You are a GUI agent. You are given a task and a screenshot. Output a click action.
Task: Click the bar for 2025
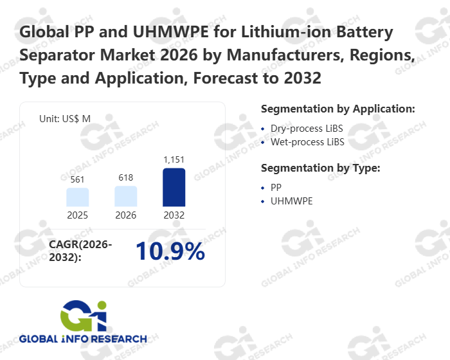tap(78, 197)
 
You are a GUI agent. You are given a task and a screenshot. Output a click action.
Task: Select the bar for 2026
tap(126, 196)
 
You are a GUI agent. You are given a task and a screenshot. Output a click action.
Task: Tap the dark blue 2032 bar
tap(174, 187)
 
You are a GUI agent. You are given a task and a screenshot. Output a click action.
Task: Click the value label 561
tap(78, 180)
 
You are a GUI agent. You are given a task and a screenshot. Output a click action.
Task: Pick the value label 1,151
tap(174, 159)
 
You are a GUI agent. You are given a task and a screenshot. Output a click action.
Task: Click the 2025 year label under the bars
tap(78, 215)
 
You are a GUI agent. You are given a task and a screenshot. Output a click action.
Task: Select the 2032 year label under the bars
tap(174, 215)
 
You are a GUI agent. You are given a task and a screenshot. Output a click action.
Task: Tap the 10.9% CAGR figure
tap(170, 252)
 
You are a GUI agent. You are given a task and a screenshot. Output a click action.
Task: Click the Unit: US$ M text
tap(64, 118)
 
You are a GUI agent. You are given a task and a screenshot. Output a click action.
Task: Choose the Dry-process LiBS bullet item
tap(307, 129)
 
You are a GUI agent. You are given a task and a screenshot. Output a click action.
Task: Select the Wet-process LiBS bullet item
tap(307, 141)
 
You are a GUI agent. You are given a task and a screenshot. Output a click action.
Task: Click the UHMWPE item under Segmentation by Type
tap(292, 201)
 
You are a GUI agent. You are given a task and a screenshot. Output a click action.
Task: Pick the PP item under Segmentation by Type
tap(276, 187)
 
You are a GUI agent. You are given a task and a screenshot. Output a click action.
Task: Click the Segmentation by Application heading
tap(337, 108)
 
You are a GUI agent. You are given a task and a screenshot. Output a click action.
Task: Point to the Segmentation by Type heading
tap(320, 168)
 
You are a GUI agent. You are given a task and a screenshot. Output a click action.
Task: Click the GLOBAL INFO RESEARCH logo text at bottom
tap(83, 339)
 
